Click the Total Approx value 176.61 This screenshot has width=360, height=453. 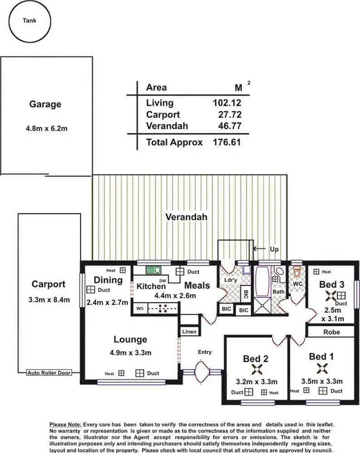tap(227, 142)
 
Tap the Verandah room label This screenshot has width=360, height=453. tap(186, 217)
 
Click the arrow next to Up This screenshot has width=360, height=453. tap(258, 248)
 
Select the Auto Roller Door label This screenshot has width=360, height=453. tap(48, 373)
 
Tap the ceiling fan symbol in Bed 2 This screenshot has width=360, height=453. tap(255, 369)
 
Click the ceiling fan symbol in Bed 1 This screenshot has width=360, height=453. tap(321, 368)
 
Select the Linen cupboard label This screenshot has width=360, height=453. tap(188, 332)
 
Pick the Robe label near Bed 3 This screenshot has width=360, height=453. tap(331, 332)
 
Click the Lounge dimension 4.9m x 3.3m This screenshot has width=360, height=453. tap(130, 353)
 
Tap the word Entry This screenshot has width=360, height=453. tap(205, 353)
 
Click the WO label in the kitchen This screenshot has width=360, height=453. tap(140, 308)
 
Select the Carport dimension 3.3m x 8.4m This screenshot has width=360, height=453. tap(49, 300)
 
